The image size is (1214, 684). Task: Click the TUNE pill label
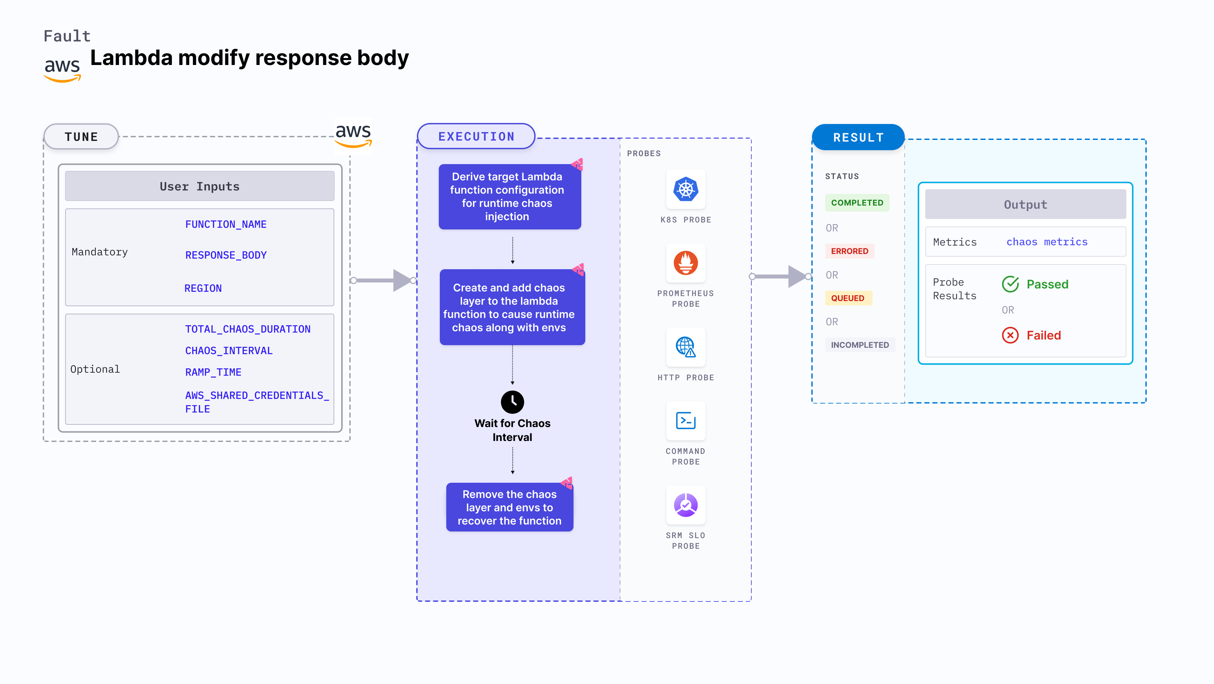[81, 137]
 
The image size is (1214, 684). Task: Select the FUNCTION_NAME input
[226, 224]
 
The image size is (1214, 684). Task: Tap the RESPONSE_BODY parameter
[226, 255]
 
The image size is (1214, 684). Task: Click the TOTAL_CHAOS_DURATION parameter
[248, 329]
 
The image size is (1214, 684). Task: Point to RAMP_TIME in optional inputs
[213, 372]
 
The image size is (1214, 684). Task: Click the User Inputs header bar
[199, 186]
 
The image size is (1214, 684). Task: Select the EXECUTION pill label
[476, 137]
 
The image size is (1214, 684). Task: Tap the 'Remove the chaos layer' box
[509, 507]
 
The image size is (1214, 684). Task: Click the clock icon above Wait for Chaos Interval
[512, 402]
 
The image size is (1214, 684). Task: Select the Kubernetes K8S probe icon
[686, 190]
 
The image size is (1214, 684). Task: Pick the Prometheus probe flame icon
[686, 263]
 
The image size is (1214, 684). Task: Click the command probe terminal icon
[686, 420]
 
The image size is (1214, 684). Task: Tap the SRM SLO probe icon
[686, 505]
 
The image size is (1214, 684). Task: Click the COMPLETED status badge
[857, 203]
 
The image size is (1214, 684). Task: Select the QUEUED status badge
[847, 298]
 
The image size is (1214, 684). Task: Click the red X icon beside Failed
[1010, 335]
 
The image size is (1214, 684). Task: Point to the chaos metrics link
[1047, 242]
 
